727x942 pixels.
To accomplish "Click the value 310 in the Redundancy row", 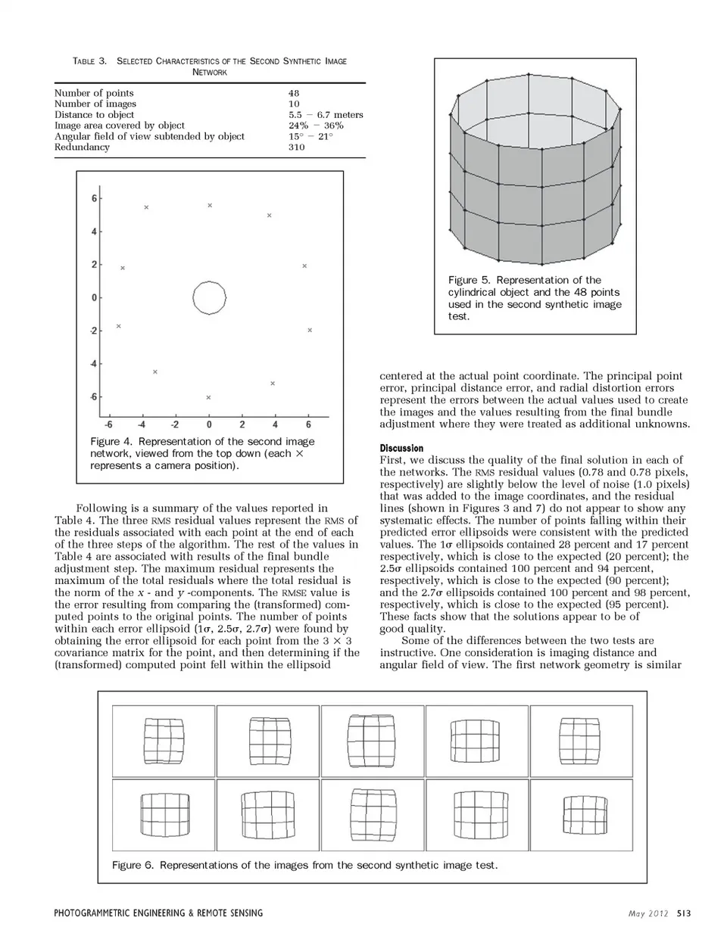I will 296,148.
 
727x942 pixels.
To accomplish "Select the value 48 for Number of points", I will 294,93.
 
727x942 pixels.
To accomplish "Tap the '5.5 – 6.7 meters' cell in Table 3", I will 326,115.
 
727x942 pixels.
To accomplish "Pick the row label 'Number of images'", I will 95,104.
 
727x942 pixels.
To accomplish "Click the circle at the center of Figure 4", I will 210,298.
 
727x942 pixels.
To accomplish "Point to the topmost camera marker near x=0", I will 210,205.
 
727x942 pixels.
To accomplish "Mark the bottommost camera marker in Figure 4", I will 208,397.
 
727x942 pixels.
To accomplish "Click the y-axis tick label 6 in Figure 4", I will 95,199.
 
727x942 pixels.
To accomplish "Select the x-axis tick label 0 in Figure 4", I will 209,424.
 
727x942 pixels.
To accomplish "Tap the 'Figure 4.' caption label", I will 111,441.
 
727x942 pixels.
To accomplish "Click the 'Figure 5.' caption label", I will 469,280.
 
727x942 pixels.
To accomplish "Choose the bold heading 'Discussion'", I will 401,448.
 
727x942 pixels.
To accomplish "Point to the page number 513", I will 684,913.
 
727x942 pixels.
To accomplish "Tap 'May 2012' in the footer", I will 647,913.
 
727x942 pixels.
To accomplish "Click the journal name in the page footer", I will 159,913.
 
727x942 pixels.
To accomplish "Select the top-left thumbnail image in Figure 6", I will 164,741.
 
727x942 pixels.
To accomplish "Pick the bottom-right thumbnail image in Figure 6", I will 582,816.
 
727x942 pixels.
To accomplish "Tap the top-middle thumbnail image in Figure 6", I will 372,741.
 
